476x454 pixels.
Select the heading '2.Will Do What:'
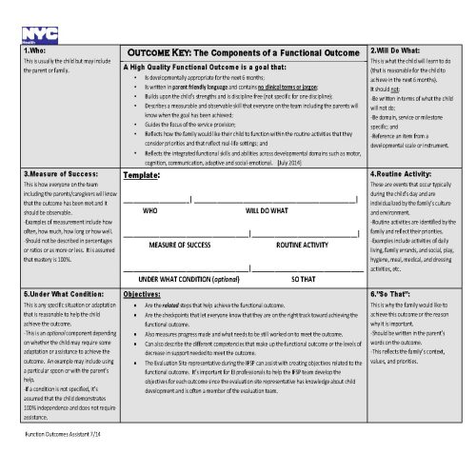point(394,49)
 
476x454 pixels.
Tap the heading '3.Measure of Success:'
point(56,175)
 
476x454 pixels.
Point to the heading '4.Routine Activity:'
point(400,175)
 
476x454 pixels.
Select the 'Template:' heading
point(141,176)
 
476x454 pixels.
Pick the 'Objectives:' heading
point(142,296)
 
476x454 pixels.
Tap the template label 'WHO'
point(149,210)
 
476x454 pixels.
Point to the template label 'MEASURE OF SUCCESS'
point(180,245)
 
